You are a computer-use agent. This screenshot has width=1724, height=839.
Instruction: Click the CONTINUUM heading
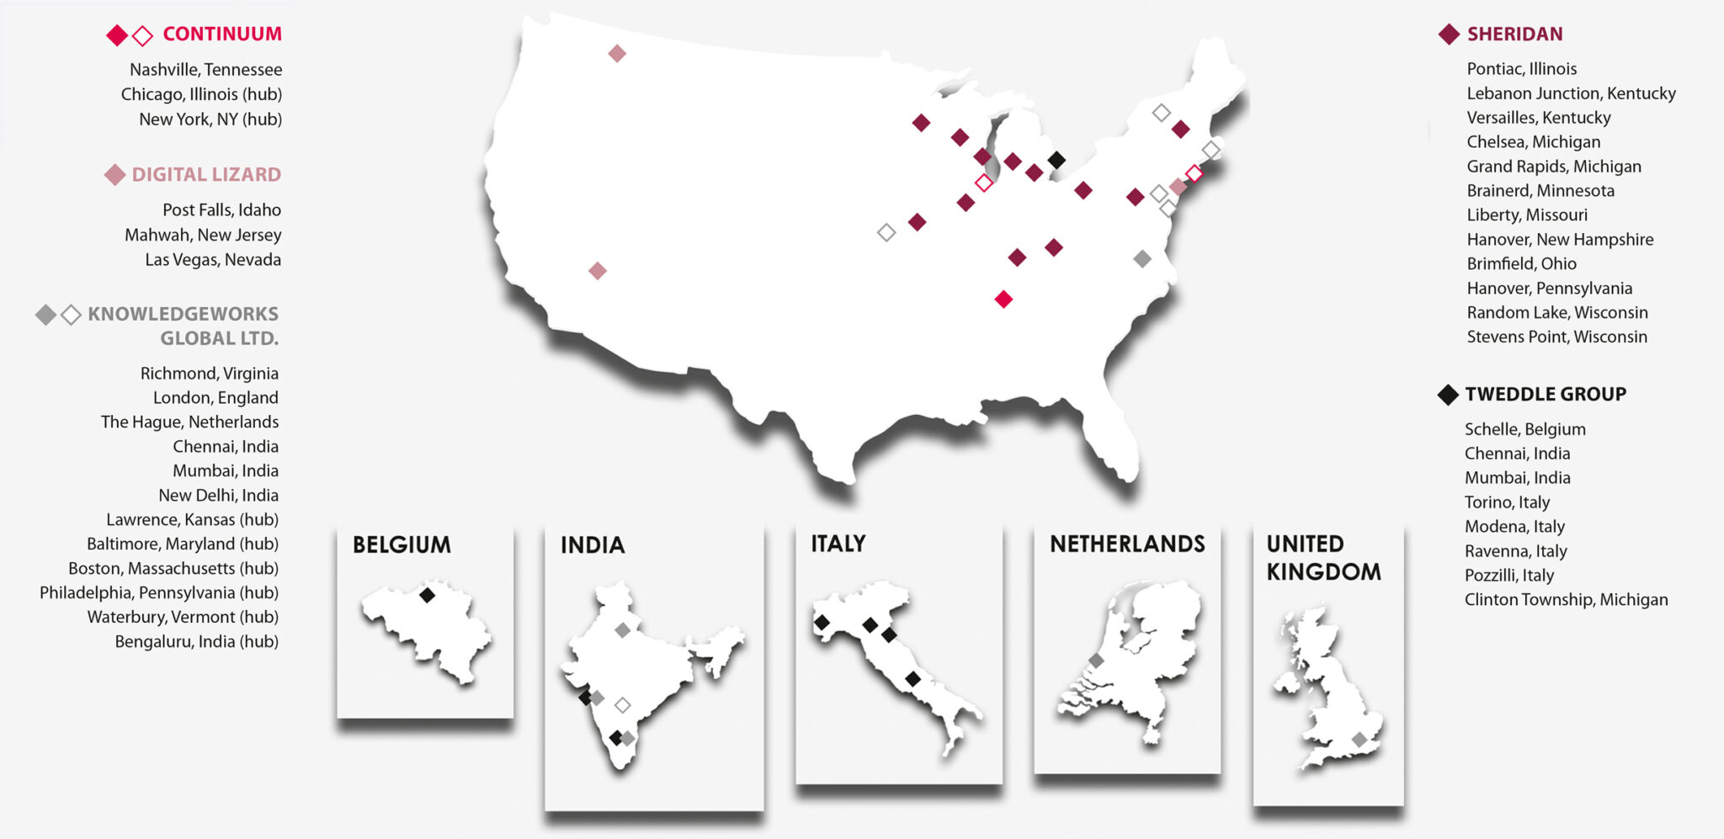point(221,34)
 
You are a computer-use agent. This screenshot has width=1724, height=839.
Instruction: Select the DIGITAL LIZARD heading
point(206,174)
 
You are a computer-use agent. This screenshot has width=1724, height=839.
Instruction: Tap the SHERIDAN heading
point(1514,34)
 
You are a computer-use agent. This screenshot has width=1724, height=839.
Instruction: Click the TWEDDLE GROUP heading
point(1545,394)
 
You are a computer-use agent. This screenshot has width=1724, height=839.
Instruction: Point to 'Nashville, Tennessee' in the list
point(205,69)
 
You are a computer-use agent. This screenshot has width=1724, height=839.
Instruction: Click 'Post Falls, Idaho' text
point(221,210)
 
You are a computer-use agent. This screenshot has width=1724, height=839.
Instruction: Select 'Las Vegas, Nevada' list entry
point(213,259)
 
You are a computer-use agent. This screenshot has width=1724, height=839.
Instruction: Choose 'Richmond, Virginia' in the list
point(209,373)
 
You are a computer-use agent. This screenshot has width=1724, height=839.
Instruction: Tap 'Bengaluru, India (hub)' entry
point(196,641)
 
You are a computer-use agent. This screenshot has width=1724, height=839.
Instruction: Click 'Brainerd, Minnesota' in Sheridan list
point(1540,190)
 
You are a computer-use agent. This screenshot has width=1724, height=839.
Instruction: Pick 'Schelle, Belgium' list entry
point(1524,429)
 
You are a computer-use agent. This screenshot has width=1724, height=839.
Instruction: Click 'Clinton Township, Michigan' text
point(1566,599)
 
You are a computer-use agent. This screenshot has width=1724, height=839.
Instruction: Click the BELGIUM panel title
point(402,544)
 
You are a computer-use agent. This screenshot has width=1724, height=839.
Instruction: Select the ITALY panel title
point(838,544)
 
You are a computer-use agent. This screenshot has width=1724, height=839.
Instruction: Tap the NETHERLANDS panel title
point(1127,544)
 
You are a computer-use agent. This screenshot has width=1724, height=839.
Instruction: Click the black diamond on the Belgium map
point(427,596)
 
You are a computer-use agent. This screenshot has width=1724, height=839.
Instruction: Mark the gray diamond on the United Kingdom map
point(1360,740)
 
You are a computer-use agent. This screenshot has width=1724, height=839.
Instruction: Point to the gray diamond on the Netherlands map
point(1096,661)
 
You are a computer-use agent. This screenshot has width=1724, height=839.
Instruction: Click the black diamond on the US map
point(1056,159)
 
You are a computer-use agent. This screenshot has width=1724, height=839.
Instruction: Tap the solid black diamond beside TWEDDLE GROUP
point(1448,394)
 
